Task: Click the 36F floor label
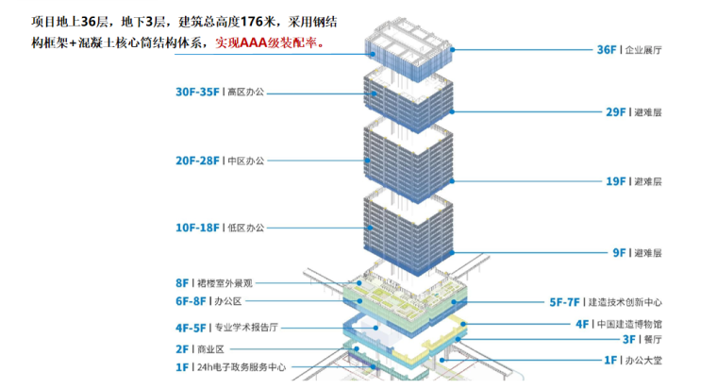pyautogui.click(x=607, y=49)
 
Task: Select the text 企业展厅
pyautogui.click(x=643, y=49)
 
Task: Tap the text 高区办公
pyautogui.click(x=246, y=93)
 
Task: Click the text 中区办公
pyautogui.click(x=246, y=161)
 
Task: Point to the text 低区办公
pyautogui.click(x=246, y=228)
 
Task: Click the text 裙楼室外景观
pyautogui.click(x=226, y=283)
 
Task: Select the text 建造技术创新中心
pyautogui.click(x=625, y=303)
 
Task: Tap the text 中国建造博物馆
pyautogui.click(x=628, y=324)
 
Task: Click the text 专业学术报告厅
pyautogui.click(x=246, y=329)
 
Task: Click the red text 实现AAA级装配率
pyautogui.click(x=270, y=42)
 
